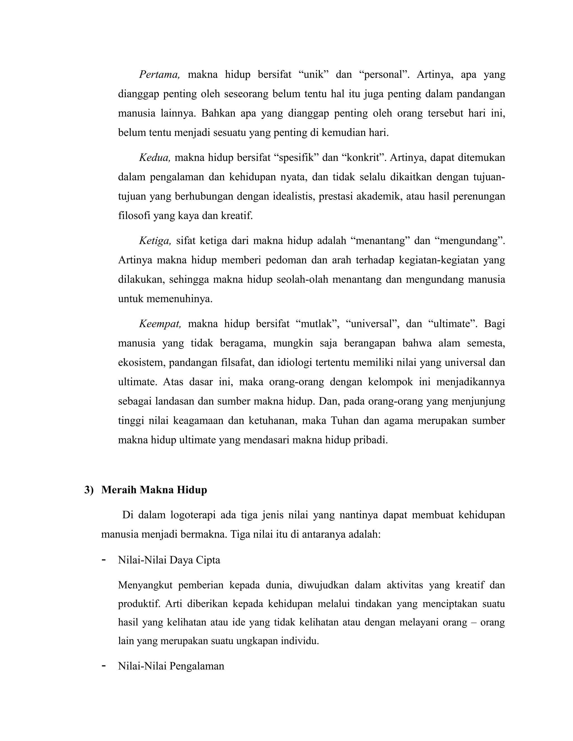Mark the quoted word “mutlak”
pyautogui.click(x=317, y=324)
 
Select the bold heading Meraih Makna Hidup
pyautogui.click(x=154, y=490)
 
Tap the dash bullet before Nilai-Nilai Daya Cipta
pyautogui.click(x=104, y=560)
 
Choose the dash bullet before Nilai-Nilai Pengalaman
pyautogui.click(x=104, y=666)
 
